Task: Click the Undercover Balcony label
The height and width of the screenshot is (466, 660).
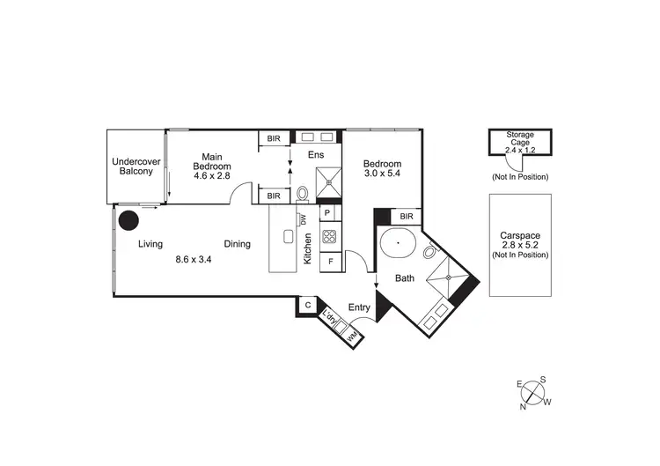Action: pos(133,166)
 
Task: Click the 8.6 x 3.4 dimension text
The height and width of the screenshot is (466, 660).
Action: pos(194,259)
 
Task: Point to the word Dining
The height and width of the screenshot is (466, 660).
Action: pos(237,244)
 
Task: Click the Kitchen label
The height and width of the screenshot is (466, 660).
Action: pos(308,249)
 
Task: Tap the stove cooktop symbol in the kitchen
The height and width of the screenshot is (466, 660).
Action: pos(329,236)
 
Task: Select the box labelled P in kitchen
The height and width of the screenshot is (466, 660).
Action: pos(327,213)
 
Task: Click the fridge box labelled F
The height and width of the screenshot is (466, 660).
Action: pos(330,261)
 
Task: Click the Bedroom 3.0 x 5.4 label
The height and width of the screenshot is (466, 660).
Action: pos(383,170)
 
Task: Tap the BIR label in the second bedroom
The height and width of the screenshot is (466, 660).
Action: pos(407,216)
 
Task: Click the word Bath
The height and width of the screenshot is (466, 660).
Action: pos(405,278)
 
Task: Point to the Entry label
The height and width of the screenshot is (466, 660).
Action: pos(359,307)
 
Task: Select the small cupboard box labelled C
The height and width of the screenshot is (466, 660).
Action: pos(308,305)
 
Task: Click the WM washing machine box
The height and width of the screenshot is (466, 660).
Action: pos(351,336)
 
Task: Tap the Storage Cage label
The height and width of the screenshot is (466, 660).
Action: pos(519,139)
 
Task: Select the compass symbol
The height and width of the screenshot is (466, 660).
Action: pos(532,391)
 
